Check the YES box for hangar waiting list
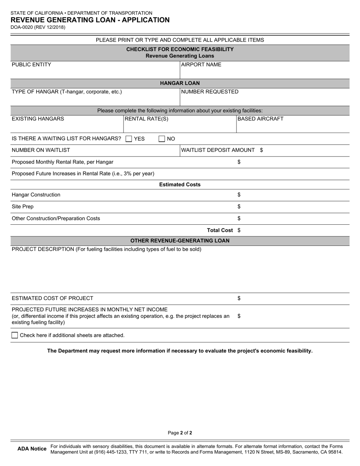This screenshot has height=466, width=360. (128, 139)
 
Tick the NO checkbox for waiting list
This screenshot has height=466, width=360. (162, 139)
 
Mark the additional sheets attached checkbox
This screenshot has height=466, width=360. (15, 335)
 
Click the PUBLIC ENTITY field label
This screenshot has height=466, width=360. (31, 65)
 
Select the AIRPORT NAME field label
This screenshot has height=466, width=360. (201, 65)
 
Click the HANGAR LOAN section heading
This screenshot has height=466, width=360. (180, 83)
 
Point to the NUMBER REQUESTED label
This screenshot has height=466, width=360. (210, 92)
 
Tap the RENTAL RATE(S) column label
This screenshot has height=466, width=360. (147, 119)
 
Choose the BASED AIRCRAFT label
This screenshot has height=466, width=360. (261, 119)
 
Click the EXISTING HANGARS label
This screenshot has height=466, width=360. (38, 119)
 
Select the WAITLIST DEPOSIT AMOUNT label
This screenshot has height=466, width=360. (218, 150)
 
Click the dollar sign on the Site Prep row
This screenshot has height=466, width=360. (239, 206)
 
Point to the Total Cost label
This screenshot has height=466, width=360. (220, 230)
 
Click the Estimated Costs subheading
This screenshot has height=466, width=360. (180, 185)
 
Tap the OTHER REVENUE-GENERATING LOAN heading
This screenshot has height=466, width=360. (180, 241)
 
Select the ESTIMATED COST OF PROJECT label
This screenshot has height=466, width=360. (52, 298)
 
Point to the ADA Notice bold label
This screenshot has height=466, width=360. (32, 449)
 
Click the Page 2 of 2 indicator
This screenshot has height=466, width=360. (180, 433)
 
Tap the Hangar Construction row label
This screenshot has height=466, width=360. (36, 195)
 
